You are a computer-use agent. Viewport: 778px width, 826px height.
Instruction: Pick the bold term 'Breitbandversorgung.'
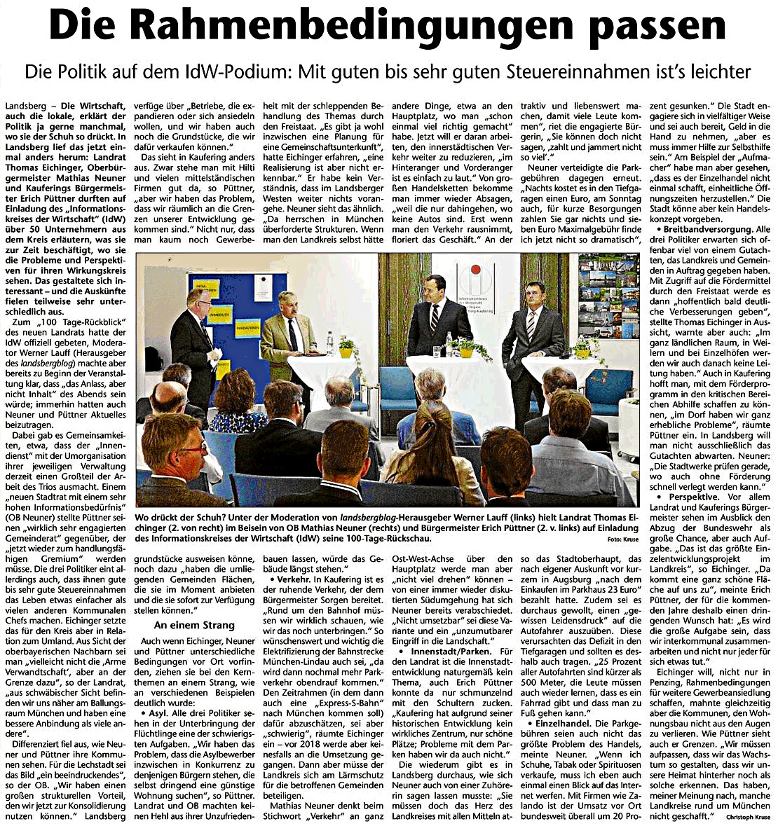(x=701, y=228)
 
